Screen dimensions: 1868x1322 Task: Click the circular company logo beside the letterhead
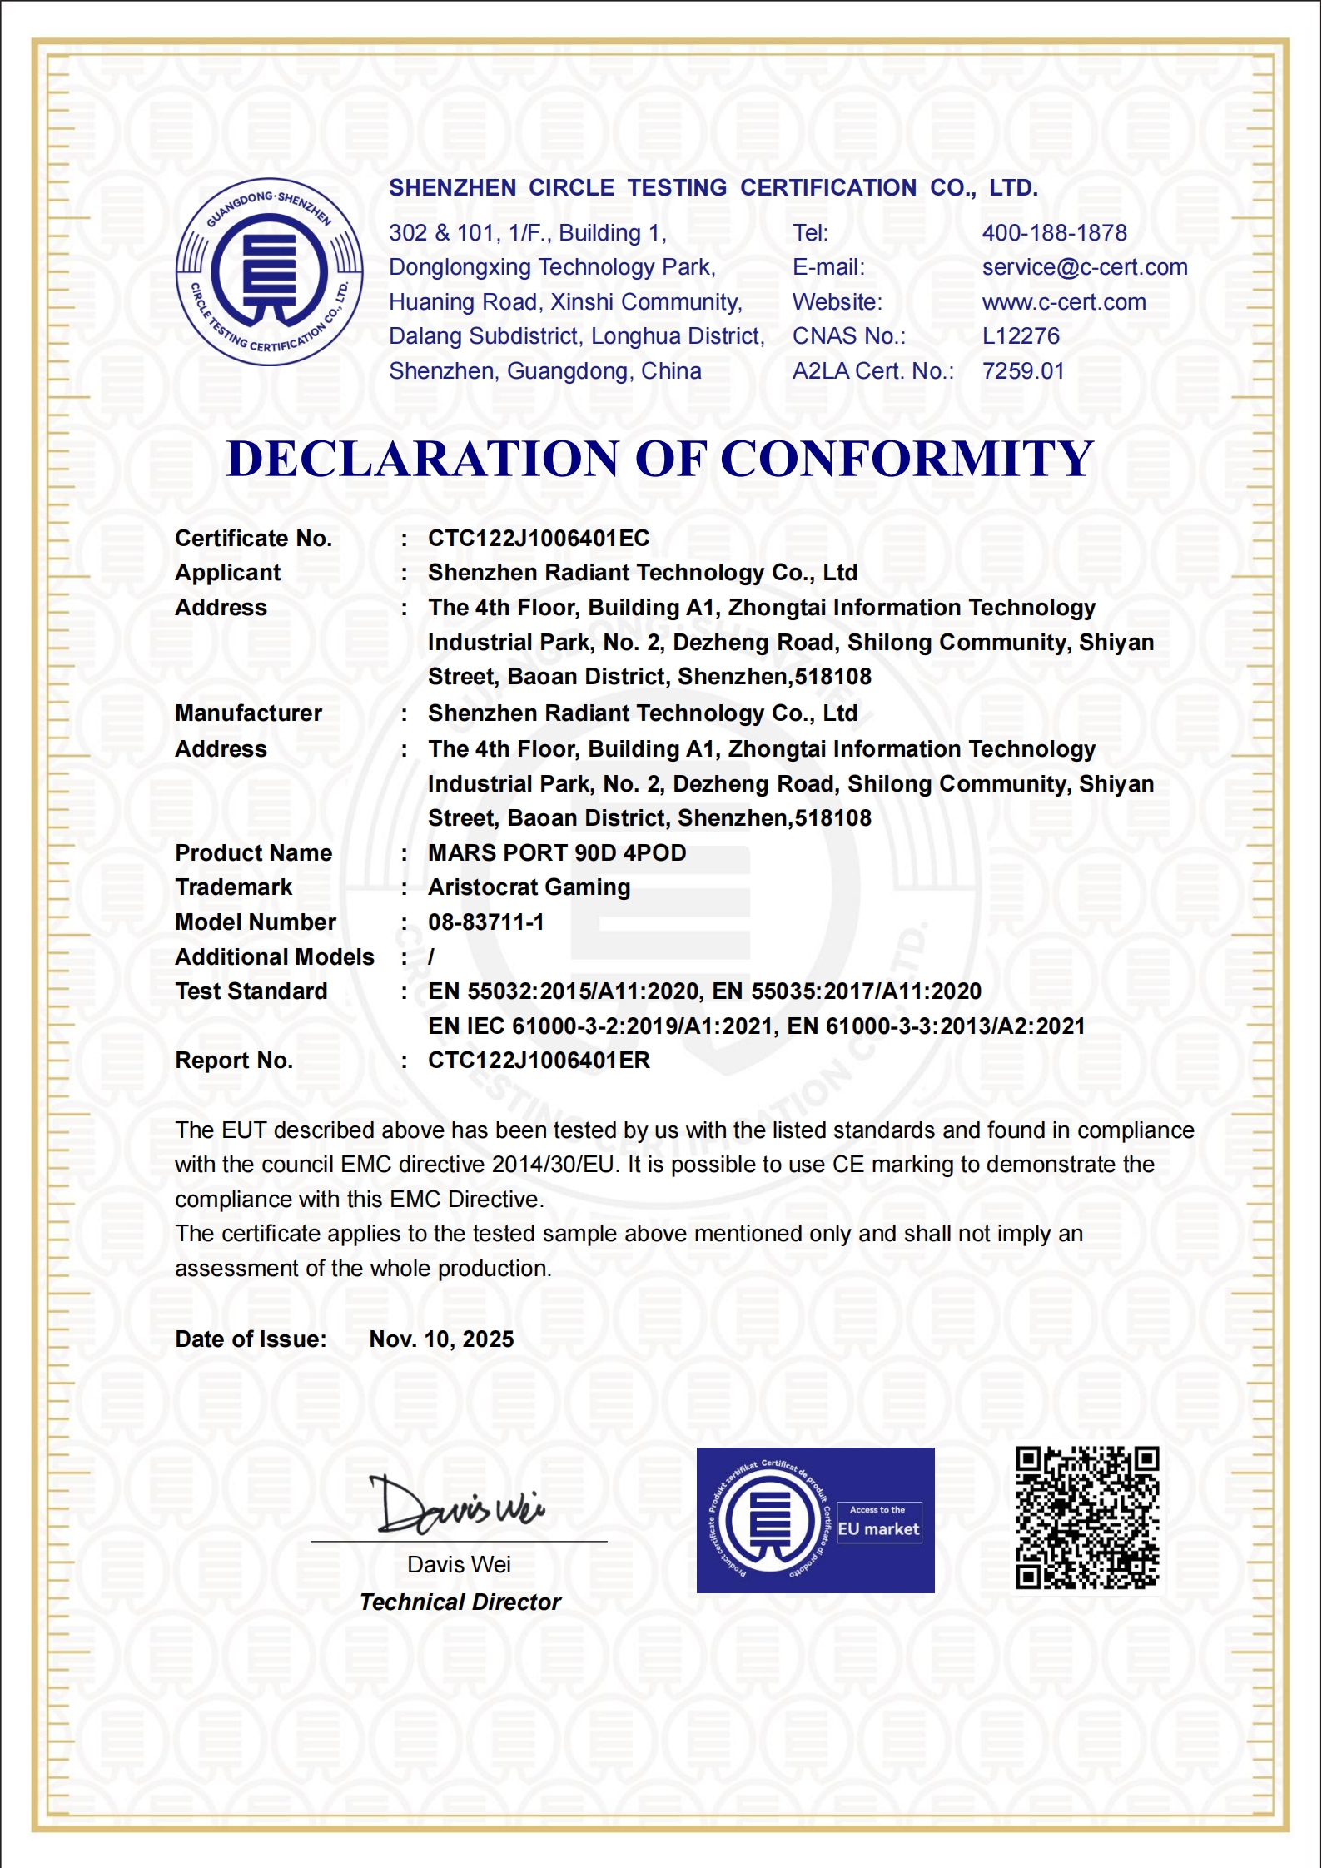269,271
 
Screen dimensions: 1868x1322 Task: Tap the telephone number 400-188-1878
1054,233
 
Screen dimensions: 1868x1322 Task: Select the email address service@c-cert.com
1084,267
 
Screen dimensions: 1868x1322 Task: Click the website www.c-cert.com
1063,302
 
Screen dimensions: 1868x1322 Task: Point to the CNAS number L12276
1021,336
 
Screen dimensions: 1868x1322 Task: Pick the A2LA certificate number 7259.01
1023,371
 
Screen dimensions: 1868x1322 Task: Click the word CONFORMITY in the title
906,459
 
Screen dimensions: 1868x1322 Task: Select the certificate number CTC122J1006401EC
538,539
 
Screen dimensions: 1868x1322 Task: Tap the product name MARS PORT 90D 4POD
556,853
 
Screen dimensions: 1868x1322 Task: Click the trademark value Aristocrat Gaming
529,887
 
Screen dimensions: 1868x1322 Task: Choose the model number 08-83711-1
485,922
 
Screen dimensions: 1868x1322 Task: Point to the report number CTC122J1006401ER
538,1061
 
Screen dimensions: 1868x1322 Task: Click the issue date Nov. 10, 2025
441,1339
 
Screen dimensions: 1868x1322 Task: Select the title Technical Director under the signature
460,1602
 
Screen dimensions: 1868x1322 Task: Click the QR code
1086,1518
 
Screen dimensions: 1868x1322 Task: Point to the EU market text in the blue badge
878,1529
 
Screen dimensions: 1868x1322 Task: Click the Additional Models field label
274,957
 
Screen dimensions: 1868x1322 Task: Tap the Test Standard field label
251,991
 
